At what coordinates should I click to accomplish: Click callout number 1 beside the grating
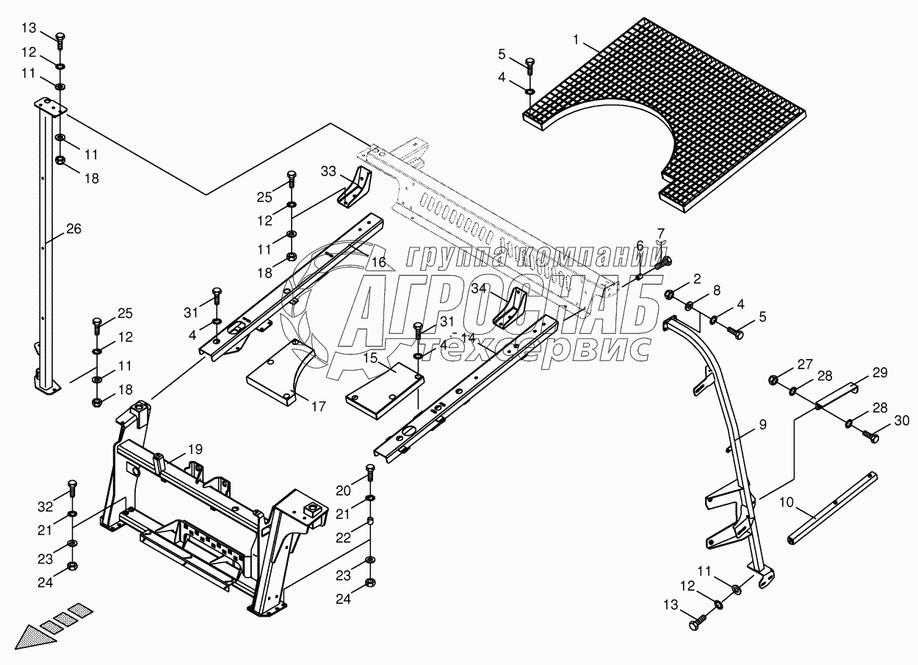click(577, 40)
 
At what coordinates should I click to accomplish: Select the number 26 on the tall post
click(73, 228)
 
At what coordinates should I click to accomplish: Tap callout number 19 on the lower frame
click(195, 449)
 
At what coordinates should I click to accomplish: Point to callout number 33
click(328, 172)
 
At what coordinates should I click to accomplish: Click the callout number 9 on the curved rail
click(763, 425)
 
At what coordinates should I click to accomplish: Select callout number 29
click(880, 373)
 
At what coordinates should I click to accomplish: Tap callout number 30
click(902, 420)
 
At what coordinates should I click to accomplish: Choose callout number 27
click(806, 364)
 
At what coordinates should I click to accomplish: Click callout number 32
click(46, 506)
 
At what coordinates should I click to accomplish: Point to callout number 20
click(344, 490)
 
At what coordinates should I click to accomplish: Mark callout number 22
click(344, 537)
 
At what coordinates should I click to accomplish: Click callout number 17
click(318, 406)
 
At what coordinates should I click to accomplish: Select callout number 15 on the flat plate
click(370, 357)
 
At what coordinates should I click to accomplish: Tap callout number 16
click(379, 262)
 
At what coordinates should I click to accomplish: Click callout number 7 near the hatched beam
click(661, 234)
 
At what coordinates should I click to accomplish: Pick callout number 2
click(697, 279)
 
